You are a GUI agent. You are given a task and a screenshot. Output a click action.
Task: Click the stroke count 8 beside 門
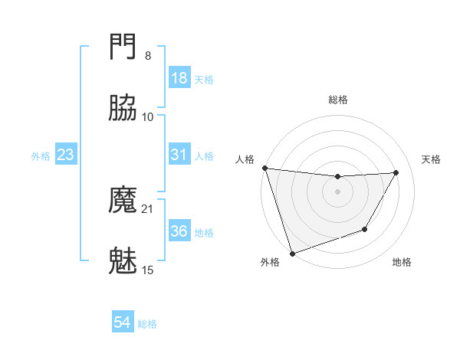point(147,56)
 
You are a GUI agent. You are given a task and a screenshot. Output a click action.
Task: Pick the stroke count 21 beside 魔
point(147,209)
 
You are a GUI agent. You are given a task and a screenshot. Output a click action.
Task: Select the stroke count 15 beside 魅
point(147,270)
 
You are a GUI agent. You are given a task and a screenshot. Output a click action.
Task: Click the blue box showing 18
point(179,78)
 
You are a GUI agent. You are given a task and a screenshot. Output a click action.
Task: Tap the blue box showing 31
point(179,155)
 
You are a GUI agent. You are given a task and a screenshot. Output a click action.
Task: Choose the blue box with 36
point(179,231)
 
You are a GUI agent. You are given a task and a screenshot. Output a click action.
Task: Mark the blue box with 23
point(66,155)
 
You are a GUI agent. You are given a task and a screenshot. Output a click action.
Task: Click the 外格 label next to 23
point(41,156)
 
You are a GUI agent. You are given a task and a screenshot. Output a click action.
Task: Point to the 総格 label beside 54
point(147,325)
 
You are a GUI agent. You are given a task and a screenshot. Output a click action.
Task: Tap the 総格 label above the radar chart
point(338,100)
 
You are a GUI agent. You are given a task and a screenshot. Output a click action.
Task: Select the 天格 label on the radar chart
point(431,159)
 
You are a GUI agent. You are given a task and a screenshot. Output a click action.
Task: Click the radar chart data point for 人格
point(264,168)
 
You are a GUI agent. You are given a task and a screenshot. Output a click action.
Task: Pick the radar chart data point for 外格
point(292,253)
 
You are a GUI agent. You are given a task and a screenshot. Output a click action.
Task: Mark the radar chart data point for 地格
point(365,229)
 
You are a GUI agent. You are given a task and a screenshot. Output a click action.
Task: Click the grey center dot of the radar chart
point(337,191)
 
